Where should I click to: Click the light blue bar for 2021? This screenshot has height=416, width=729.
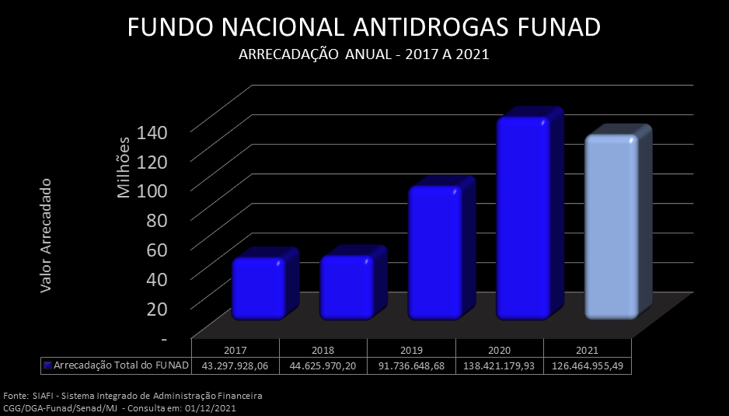pyautogui.click(x=612, y=227)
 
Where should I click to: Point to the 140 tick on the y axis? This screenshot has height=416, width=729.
pyautogui.click(x=152, y=131)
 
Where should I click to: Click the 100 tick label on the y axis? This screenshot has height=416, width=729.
pyautogui.click(x=152, y=190)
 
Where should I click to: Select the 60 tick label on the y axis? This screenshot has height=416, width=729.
pyautogui.click(x=155, y=249)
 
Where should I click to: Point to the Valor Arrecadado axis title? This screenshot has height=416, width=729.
pyautogui.click(x=46, y=235)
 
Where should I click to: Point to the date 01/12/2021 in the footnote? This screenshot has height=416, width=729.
pyautogui.click(x=211, y=407)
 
